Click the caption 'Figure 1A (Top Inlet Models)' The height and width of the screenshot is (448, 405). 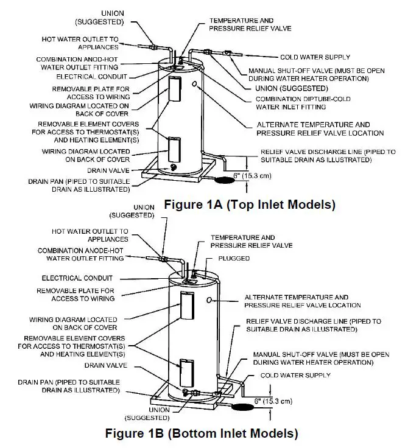[250, 205]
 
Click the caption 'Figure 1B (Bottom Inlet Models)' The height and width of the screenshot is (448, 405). [202, 434]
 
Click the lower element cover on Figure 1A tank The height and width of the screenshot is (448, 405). [175, 147]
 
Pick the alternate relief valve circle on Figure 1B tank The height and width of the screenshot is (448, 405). [210, 299]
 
